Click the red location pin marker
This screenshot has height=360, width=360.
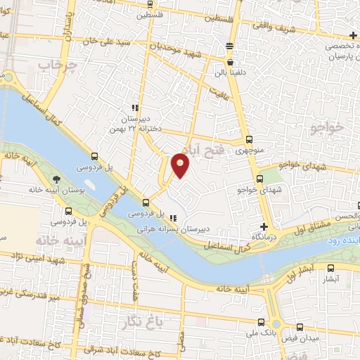coord(181,165)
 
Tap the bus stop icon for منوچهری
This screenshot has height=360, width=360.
coord(250,139)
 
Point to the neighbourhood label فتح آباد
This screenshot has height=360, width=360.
coord(200,142)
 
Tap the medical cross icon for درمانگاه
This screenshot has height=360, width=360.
coord(264,226)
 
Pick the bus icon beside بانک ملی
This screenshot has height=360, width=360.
coord(262,324)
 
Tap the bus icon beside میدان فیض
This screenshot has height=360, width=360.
coord(301,326)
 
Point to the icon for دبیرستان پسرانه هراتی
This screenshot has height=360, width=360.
coord(173,217)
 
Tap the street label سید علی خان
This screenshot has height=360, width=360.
coord(135,42)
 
